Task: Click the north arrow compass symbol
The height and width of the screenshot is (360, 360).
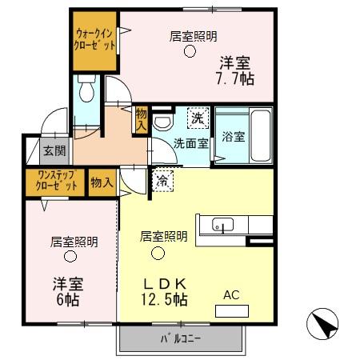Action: click(x=323, y=325)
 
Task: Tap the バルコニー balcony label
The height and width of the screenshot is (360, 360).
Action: click(x=181, y=338)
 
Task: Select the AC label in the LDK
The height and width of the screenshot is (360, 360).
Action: click(x=231, y=295)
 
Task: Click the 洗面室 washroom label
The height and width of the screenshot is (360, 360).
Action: click(x=191, y=143)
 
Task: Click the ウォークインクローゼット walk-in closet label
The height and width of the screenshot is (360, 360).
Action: click(x=94, y=40)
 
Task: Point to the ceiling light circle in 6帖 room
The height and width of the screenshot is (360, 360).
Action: click(x=70, y=257)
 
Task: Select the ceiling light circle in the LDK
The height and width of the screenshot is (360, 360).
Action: click(x=158, y=254)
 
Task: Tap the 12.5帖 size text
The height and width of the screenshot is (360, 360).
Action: click(x=166, y=300)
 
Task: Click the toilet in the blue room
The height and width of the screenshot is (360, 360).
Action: click(x=87, y=90)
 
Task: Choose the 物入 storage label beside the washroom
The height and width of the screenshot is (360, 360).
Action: click(x=142, y=119)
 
